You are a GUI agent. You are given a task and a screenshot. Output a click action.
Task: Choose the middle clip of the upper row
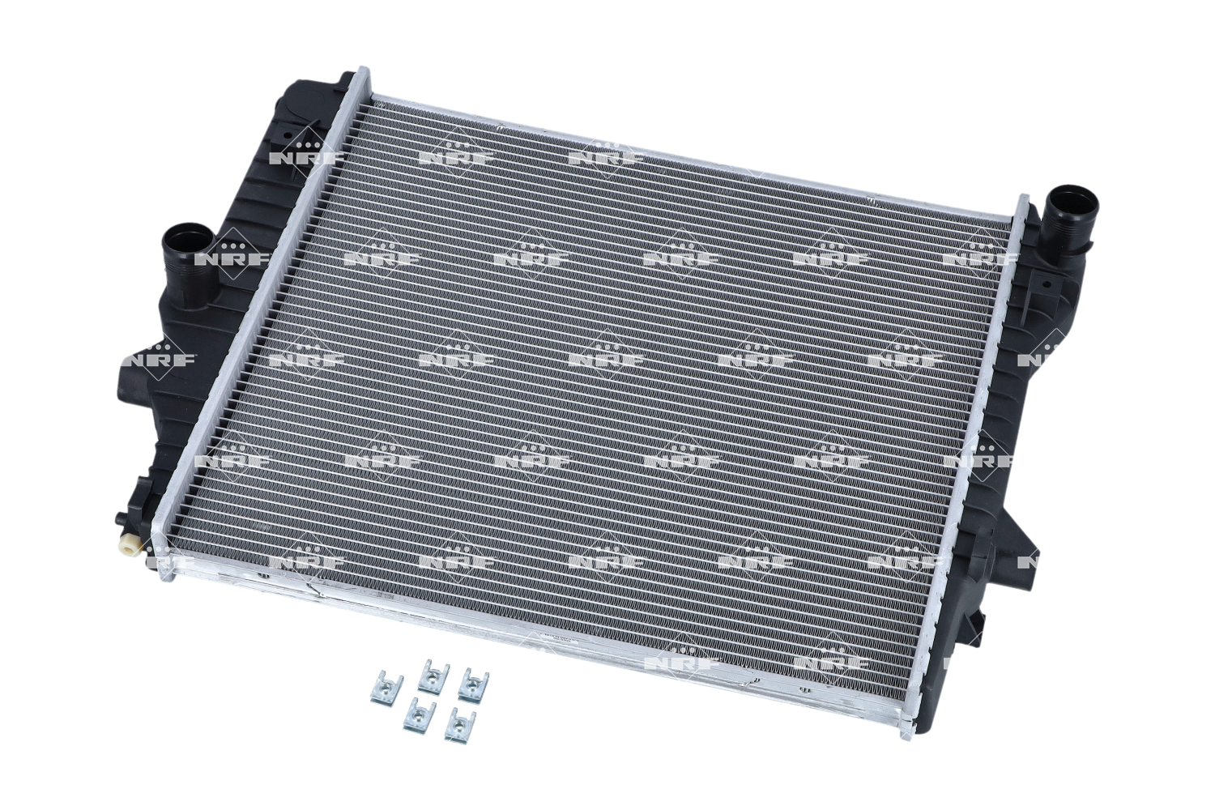pyautogui.click(x=436, y=674)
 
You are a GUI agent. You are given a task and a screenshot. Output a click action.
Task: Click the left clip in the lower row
pyautogui.click(x=420, y=714)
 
